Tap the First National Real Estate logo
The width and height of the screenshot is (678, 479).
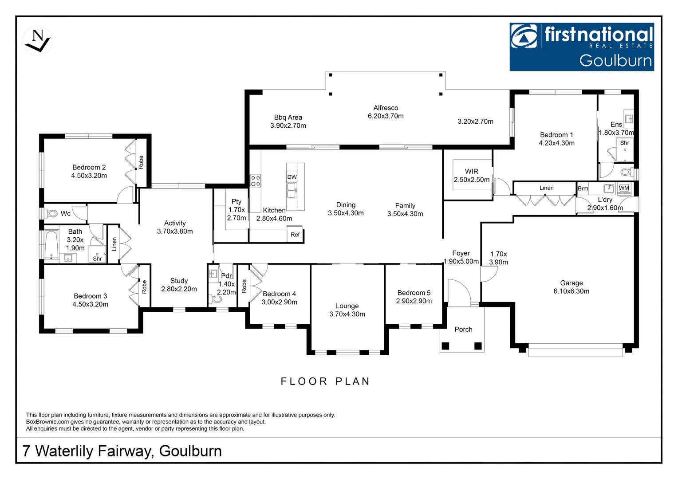click(x=581, y=47)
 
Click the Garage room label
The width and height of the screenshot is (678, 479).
click(x=571, y=283)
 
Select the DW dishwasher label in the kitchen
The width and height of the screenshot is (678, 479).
click(x=292, y=177)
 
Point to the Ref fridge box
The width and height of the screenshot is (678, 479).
click(x=295, y=235)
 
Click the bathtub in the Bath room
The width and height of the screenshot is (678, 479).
click(x=51, y=244)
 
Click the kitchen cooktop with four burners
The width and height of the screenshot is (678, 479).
click(x=256, y=181)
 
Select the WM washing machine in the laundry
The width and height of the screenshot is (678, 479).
click(x=624, y=188)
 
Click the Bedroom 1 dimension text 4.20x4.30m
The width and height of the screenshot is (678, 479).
click(x=556, y=143)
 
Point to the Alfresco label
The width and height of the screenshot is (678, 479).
click(x=386, y=108)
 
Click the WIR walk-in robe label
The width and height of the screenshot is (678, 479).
click(x=471, y=171)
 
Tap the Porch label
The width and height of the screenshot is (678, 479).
click(x=463, y=329)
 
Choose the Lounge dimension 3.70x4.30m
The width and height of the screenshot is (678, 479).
click(x=347, y=314)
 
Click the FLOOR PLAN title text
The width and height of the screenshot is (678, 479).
click(x=325, y=381)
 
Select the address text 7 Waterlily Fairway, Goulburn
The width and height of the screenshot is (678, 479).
click(x=122, y=451)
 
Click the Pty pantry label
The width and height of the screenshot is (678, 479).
click(x=237, y=201)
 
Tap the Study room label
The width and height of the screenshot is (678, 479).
click(x=179, y=281)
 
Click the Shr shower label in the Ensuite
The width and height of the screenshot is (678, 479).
click(x=624, y=143)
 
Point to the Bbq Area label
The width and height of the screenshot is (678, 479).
click(x=288, y=118)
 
